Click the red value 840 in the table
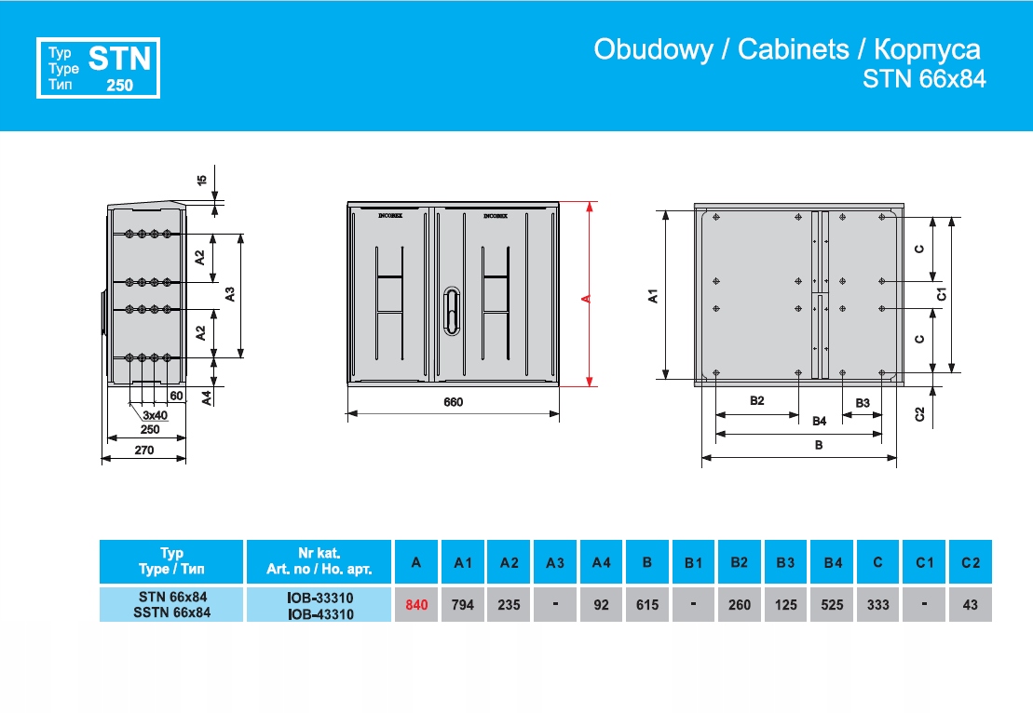coord(416,605)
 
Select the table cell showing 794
coord(463,605)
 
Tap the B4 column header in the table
coord(833,562)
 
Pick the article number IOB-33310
coord(321,598)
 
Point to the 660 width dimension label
coord(453,403)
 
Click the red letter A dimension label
coord(585,298)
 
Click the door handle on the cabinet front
coord(453,310)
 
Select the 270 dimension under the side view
coord(143,450)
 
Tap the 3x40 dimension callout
coord(155,415)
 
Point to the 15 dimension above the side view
coord(201,180)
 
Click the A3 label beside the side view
coord(229,294)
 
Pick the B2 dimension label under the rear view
coord(756,401)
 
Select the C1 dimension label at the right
coord(942,294)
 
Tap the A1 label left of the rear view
coord(654,296)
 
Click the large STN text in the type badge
coord(119,60)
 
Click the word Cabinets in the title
coord(793,50)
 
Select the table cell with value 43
coord(971,605)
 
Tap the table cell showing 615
coord(647,605)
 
